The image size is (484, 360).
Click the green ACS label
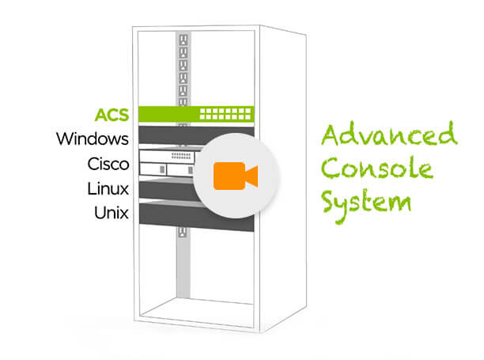pos(112,114)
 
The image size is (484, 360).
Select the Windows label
pos(93,139)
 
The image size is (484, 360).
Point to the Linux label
pos(108,189)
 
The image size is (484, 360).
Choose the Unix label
pos(111,214)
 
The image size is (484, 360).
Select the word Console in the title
pos(378,168)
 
